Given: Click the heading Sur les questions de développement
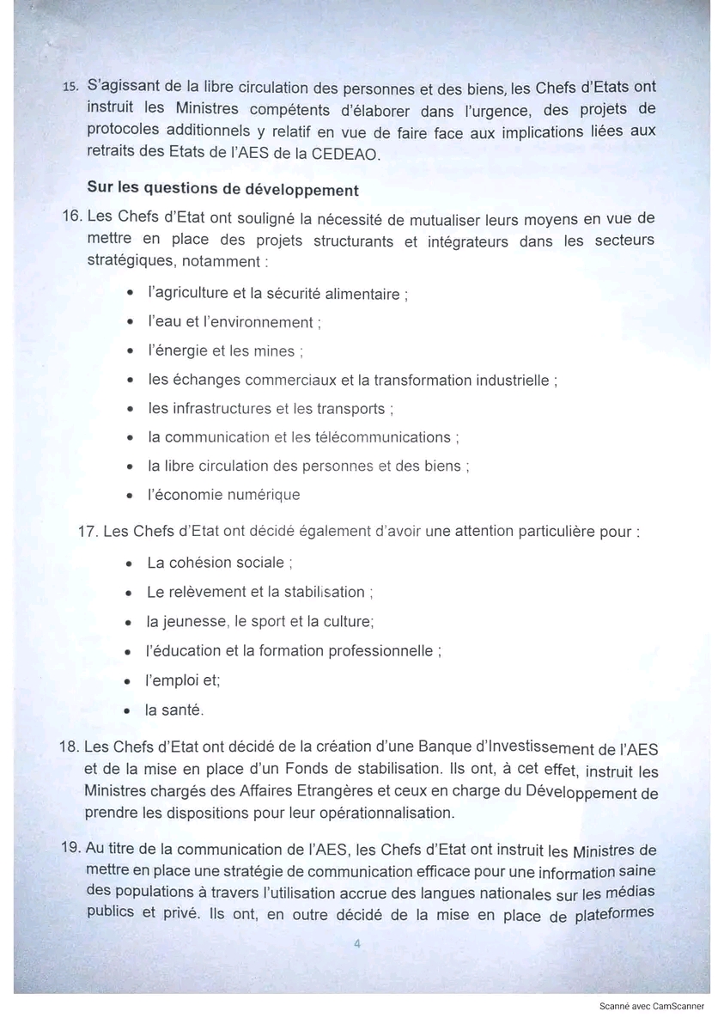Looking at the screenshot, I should coord(222,189).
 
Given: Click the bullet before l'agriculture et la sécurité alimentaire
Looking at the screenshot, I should coord(130,294).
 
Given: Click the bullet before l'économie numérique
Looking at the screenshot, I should coord(130,496).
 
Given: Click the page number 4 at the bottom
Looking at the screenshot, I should coord(358,943).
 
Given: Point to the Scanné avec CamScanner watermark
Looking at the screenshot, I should coord(652,1005).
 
